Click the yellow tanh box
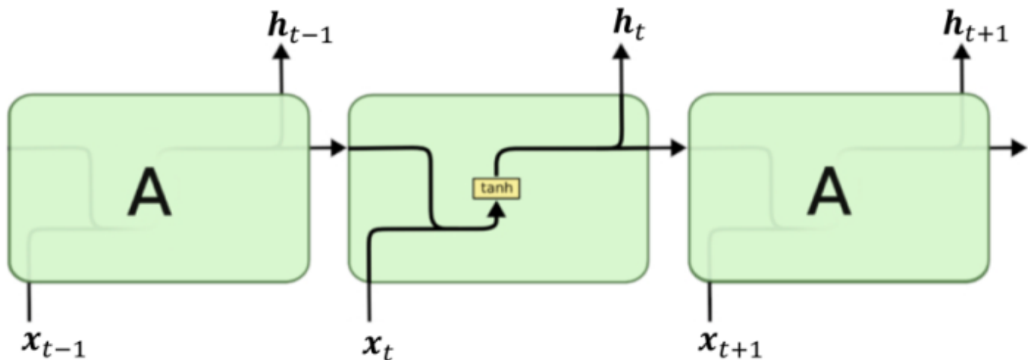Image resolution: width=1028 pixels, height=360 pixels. pos(495,189)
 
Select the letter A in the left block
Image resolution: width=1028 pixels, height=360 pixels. pos(150,192)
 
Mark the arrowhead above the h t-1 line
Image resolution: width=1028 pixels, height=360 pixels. pos(282,52)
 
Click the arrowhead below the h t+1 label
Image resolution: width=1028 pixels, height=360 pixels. pos(961,52)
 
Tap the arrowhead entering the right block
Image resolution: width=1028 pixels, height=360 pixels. pos(678,148)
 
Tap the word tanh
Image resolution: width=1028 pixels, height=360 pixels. pos(495,189)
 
